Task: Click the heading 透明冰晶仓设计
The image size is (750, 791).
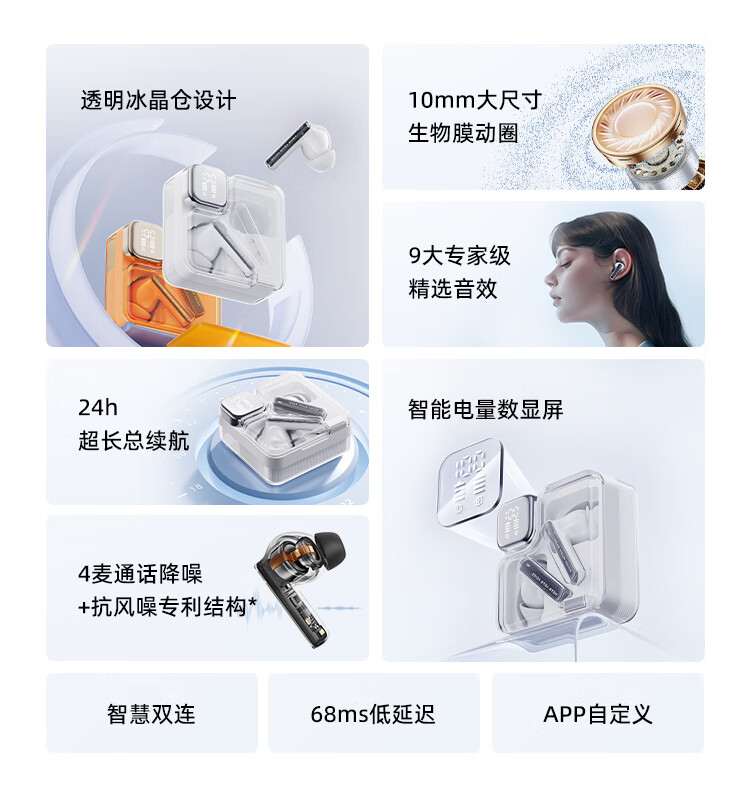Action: tap(158, 100)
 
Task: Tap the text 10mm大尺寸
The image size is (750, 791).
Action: tap(475, 100)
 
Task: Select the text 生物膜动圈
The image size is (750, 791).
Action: tap(463, 133)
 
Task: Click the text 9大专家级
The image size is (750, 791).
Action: tap(459, 255)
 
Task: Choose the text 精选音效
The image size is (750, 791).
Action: tap(452, 289)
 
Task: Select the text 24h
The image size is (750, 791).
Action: tap(98, 408)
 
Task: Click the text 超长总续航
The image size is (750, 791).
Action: tap(134, 440)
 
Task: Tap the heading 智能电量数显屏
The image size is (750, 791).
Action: tap(485, 409)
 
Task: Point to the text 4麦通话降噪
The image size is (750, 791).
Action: tap(140, 574)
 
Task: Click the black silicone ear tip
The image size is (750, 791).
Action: tap(330, 549)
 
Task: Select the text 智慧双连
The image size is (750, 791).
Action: tap(151, 714)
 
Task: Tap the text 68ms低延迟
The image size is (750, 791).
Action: tap(373, 714)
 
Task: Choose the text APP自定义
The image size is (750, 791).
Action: tap(598, 714)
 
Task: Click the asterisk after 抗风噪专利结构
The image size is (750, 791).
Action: tap(252, 601)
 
